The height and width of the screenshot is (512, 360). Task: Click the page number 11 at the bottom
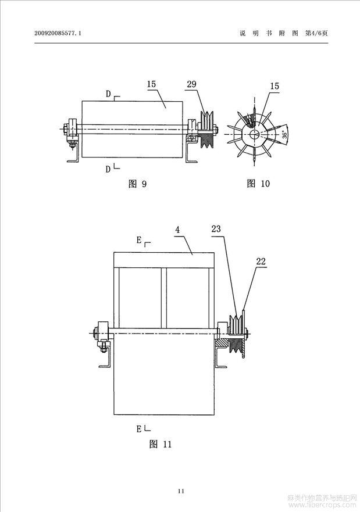pos(181,492)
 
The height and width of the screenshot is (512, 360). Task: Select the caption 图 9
pos(137,184)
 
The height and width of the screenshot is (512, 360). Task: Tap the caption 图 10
pos(258,184)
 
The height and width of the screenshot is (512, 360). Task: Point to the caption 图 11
pos(161,445)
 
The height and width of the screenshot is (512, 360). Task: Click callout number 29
pos(192,85)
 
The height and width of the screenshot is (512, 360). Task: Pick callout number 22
pos(261,262)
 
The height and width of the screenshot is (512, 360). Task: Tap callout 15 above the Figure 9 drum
pos(151,85)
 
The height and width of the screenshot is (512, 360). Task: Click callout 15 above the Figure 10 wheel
pos(274,86)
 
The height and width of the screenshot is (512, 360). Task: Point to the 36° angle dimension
pos(284,135)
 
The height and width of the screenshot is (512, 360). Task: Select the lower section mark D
pos(108,169)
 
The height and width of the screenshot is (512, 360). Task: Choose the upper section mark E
pos(140,239)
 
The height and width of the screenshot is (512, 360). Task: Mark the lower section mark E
pos(140,429)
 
